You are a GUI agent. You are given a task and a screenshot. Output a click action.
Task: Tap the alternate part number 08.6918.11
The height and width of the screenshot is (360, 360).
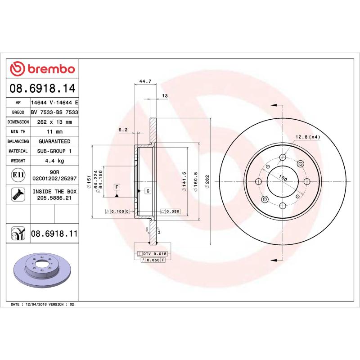tap(54, 234)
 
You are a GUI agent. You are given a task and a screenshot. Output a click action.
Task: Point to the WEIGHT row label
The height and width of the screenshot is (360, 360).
tap(18, 161)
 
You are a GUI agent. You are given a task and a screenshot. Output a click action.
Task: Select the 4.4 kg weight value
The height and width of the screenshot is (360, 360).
tap(54, 161)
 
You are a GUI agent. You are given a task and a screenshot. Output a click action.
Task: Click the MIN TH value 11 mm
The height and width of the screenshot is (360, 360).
tap(54, 132)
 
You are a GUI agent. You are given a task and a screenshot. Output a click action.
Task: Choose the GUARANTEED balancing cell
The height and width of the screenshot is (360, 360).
tap(54, 141)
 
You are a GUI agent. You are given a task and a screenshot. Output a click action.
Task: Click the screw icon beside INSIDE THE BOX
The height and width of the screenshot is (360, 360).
tap(18, 194)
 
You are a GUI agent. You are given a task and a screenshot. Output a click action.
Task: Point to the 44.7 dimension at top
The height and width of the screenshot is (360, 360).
tap(145, 81)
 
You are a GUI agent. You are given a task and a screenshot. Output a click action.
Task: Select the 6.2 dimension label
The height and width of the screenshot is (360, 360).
tap(123, 130)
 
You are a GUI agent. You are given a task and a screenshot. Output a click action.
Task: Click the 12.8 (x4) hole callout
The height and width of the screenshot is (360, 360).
tap(307, 137)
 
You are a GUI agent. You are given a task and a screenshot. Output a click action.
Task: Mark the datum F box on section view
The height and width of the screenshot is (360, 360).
tap(116, 186)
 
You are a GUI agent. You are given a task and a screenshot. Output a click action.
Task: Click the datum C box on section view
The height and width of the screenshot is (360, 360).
tap(147, 191)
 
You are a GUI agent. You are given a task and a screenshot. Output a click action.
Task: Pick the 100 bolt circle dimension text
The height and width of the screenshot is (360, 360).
tap(283, 178)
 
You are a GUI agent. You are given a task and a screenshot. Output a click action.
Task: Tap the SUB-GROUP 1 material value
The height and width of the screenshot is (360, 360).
tap(54, 151)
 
